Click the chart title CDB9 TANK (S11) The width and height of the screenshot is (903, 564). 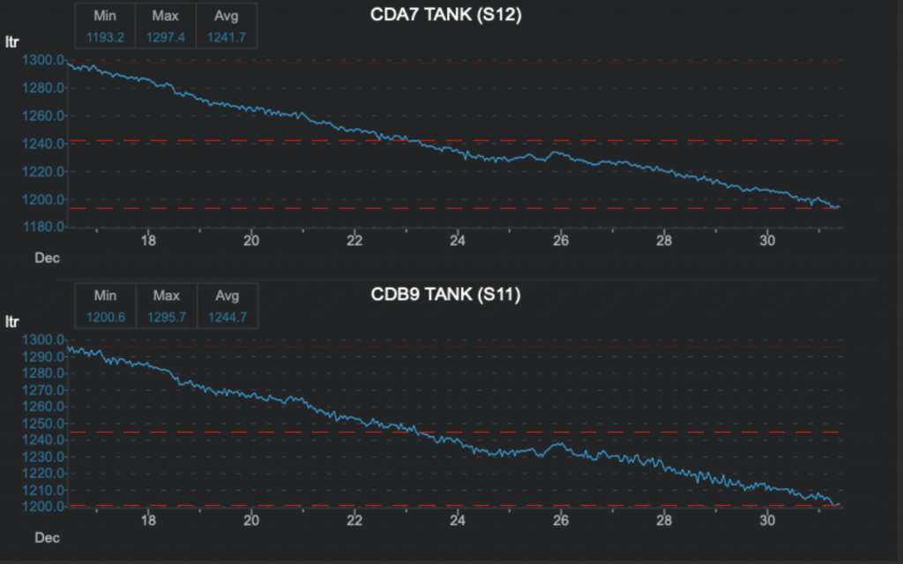(446, 294)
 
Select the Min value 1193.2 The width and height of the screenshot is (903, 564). (105, 36)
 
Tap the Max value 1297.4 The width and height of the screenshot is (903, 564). (166, 36)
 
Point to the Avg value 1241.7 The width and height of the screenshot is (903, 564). (227, 36)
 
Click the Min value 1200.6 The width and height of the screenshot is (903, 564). (105, 316)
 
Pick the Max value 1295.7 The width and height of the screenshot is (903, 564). (166, 316)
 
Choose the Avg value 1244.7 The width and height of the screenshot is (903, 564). (227, 316)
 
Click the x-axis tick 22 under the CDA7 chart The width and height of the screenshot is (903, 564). (354, 240)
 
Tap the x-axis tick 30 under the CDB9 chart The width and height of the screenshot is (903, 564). (767, 519)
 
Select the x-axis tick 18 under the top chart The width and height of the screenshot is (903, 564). (148, 240)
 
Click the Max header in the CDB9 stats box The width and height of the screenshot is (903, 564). (166, 296)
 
